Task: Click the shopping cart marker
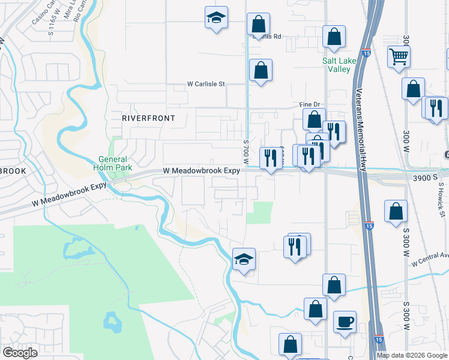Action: [399, 57]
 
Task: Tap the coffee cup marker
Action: [345, 322]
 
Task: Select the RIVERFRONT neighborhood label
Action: [148, 118]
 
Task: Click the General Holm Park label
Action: [113, 163]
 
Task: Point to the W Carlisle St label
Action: [206, 84]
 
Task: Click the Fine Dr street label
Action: [308, 104]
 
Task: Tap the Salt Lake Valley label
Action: [339, 65]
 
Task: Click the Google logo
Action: [20, 353]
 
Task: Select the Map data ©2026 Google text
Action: [412, 355]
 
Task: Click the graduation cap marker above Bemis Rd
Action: [216, 18]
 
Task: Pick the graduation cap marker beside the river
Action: [244, 259]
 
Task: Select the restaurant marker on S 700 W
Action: [271, 158]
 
